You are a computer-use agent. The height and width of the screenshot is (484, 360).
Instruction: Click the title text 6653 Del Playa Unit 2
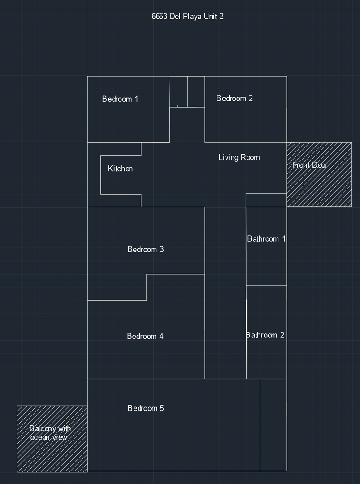coord(187,17)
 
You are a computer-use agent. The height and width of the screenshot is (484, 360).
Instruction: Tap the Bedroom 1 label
coord(120,99)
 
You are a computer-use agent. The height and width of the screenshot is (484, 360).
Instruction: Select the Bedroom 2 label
coord(234,99)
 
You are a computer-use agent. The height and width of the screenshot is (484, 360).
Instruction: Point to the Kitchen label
coord(121,169)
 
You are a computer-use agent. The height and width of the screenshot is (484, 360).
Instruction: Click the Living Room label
coord(239,157)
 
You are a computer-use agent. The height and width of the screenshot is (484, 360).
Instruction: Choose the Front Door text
coord(310,165)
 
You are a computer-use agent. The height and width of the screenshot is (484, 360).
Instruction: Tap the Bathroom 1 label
coord(266,239)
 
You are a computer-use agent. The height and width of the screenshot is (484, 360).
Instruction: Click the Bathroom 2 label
coord(265,335)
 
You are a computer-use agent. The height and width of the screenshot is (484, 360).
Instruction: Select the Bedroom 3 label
coord(146,250)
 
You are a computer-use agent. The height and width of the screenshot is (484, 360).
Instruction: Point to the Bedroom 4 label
coord(145,337)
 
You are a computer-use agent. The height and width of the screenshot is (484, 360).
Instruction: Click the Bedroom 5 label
coord(146,408)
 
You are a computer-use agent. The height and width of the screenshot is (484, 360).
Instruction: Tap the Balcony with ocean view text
coord(50,433)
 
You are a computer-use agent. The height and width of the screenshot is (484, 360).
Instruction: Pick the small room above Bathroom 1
coord(266,200)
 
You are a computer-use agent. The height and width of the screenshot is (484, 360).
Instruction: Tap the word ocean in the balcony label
coord(39,437)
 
